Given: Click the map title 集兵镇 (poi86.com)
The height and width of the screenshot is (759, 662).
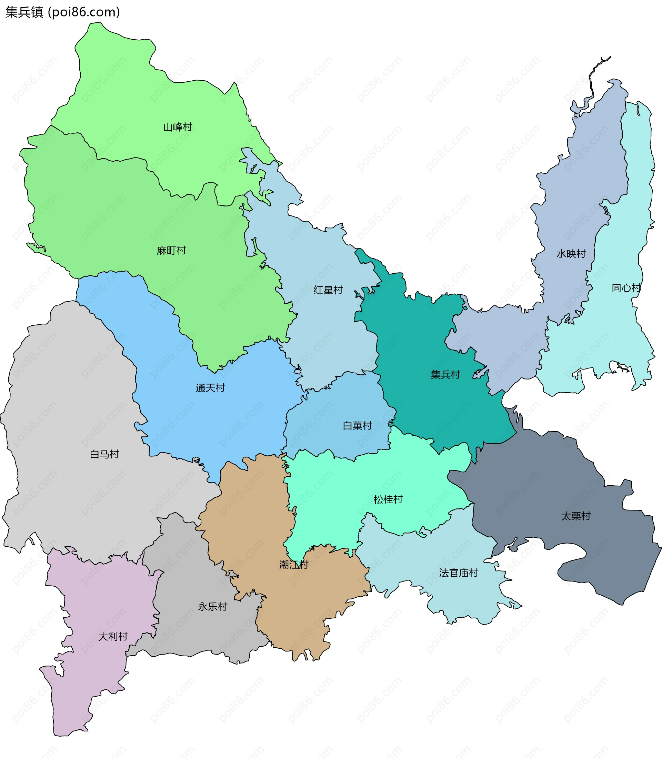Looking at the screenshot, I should click(62, 12).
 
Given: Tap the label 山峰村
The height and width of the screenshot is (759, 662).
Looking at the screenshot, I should click(178, 127).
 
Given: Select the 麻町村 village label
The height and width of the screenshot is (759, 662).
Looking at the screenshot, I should click(171, 251).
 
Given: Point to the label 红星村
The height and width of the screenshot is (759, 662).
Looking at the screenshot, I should click(328, 290).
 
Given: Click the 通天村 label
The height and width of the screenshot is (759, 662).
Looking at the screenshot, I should click(210, 388).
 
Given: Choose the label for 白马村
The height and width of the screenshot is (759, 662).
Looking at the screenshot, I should click(104, 454).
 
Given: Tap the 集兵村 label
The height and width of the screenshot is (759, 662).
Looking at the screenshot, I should click(445, 375).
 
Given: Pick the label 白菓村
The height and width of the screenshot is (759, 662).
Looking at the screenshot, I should click(357, 425).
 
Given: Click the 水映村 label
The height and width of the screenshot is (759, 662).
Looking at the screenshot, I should click(571, 254).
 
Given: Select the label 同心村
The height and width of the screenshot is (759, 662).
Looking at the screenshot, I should click(626, 288).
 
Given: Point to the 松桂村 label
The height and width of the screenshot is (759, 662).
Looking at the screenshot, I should click(388, 499).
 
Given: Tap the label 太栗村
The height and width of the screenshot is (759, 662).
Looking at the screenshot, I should click(575, 516).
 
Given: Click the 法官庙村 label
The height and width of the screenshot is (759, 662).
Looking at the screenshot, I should click(459, 573).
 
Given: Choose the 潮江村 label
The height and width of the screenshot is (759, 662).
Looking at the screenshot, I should click(294, 564).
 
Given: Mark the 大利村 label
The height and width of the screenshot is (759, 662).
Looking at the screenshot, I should click(113, 636).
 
